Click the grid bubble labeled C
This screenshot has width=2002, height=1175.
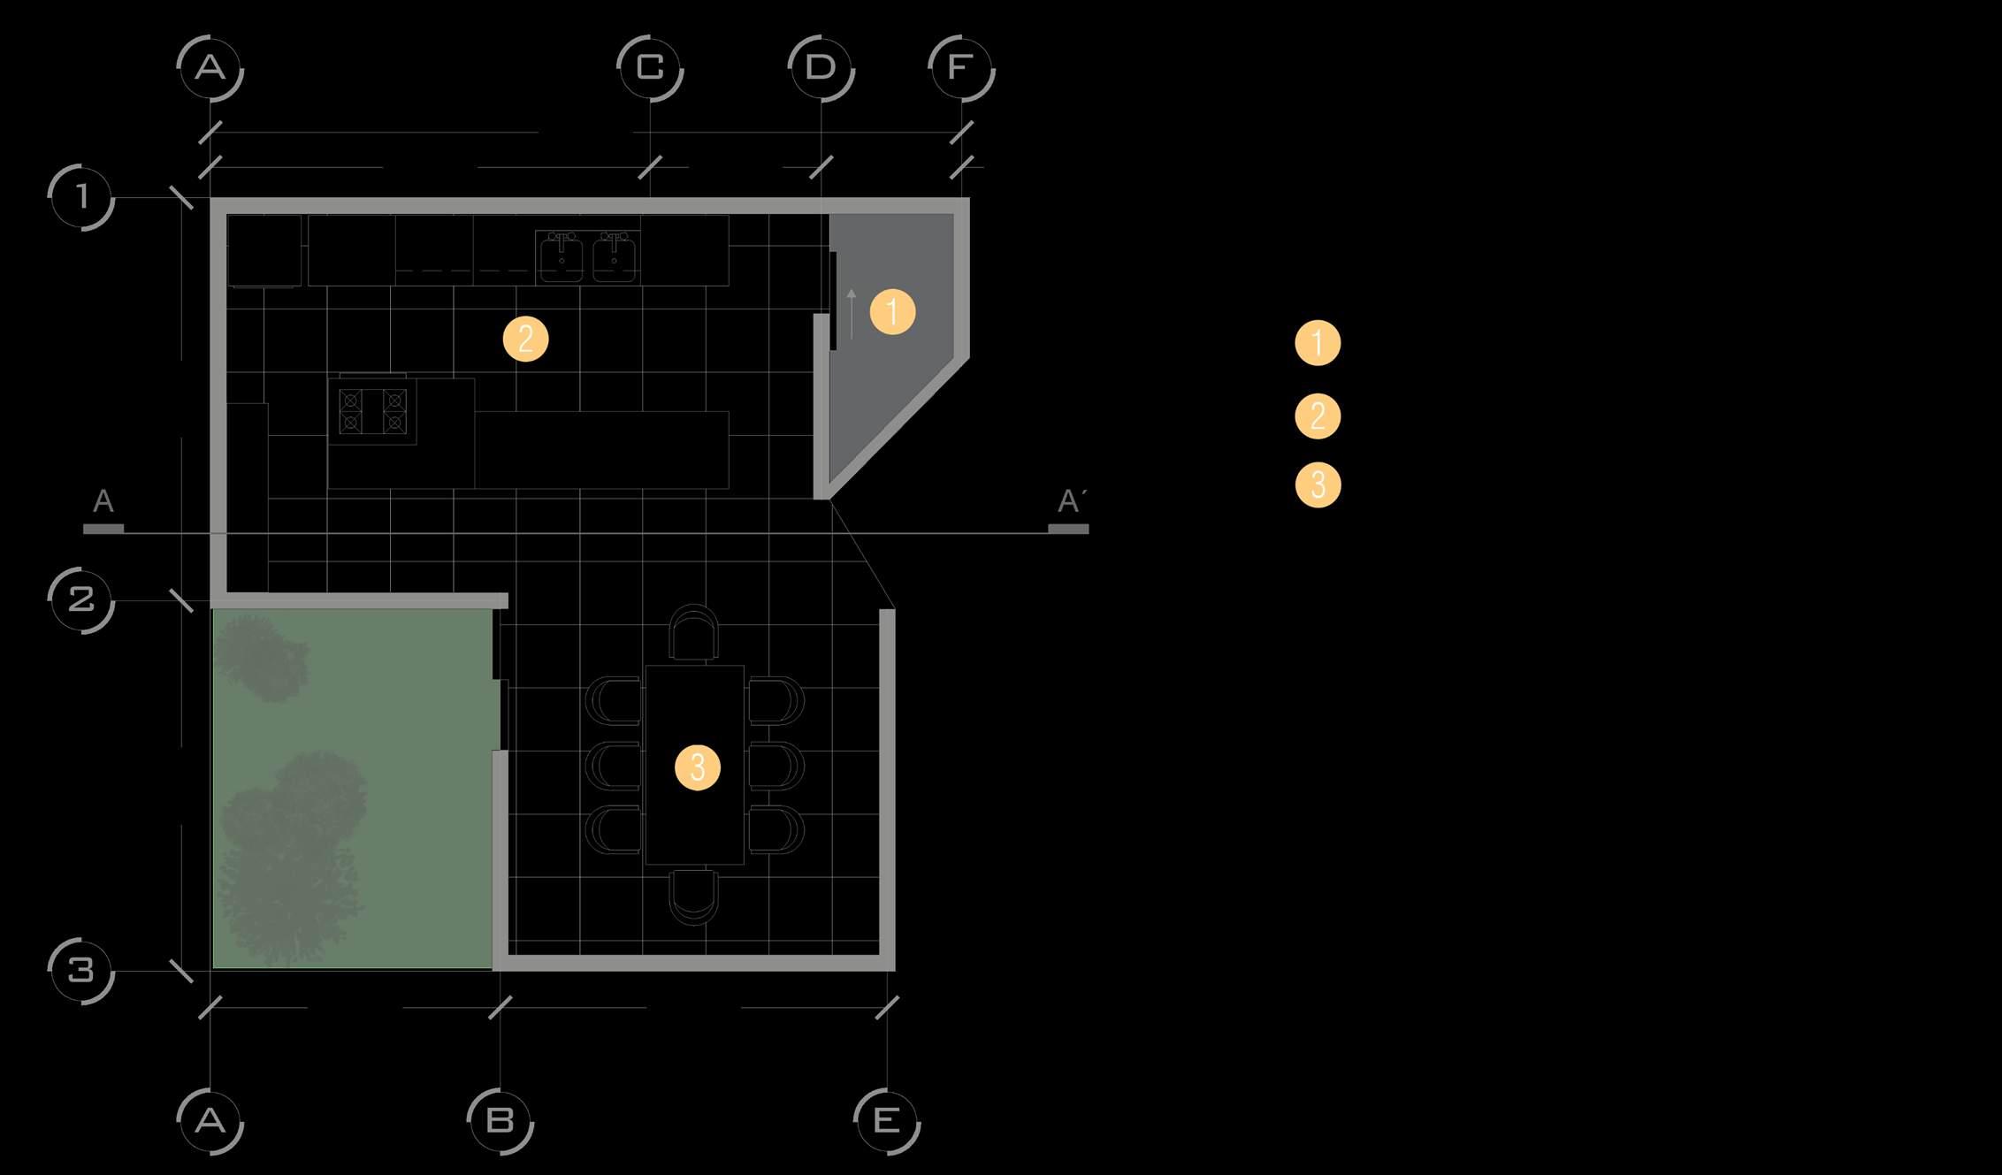coord(650,68)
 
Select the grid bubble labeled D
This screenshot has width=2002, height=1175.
coord(821,68)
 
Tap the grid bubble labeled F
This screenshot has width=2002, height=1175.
coord(961,68)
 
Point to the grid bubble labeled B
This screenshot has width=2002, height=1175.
coord(500,1121)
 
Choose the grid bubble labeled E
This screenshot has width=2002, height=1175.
coord(886,1121)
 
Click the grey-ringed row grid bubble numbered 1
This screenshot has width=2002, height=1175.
coord(81,196)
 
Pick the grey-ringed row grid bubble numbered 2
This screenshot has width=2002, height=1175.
coord(81,600)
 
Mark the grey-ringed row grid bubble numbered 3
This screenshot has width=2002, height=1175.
coord(81,971)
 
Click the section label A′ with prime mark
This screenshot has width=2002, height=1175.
coord(1069,502)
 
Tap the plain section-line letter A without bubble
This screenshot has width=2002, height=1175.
coord(103,502)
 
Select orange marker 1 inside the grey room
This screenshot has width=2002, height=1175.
coord(892,311)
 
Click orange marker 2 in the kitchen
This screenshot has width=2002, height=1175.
coord(525,340)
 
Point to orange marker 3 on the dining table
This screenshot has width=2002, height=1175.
coord(697,767)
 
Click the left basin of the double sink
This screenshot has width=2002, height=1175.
coord(562,257)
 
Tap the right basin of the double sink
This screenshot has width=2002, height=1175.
coord(614,257)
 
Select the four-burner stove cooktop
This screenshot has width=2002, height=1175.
coord(372,411)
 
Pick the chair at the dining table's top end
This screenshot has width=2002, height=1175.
coord(694,632)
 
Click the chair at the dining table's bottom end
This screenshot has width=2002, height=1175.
coord(694,897)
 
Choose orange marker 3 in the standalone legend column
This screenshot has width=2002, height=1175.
coord(1318,484)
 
